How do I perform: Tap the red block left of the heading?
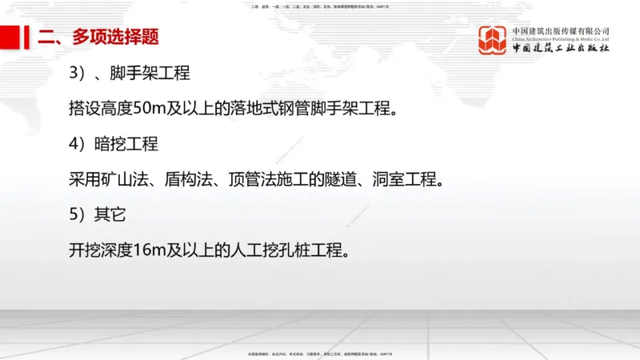[11, 36]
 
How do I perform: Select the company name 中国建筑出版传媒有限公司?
[561, 30]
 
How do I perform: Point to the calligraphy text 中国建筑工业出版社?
[561, 49]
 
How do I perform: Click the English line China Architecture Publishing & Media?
[561, 38]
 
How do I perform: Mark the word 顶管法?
[262, 179]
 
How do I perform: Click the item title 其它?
[111, 214]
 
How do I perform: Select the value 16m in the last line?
[149, 250]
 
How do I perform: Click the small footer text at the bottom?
[320, 353]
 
